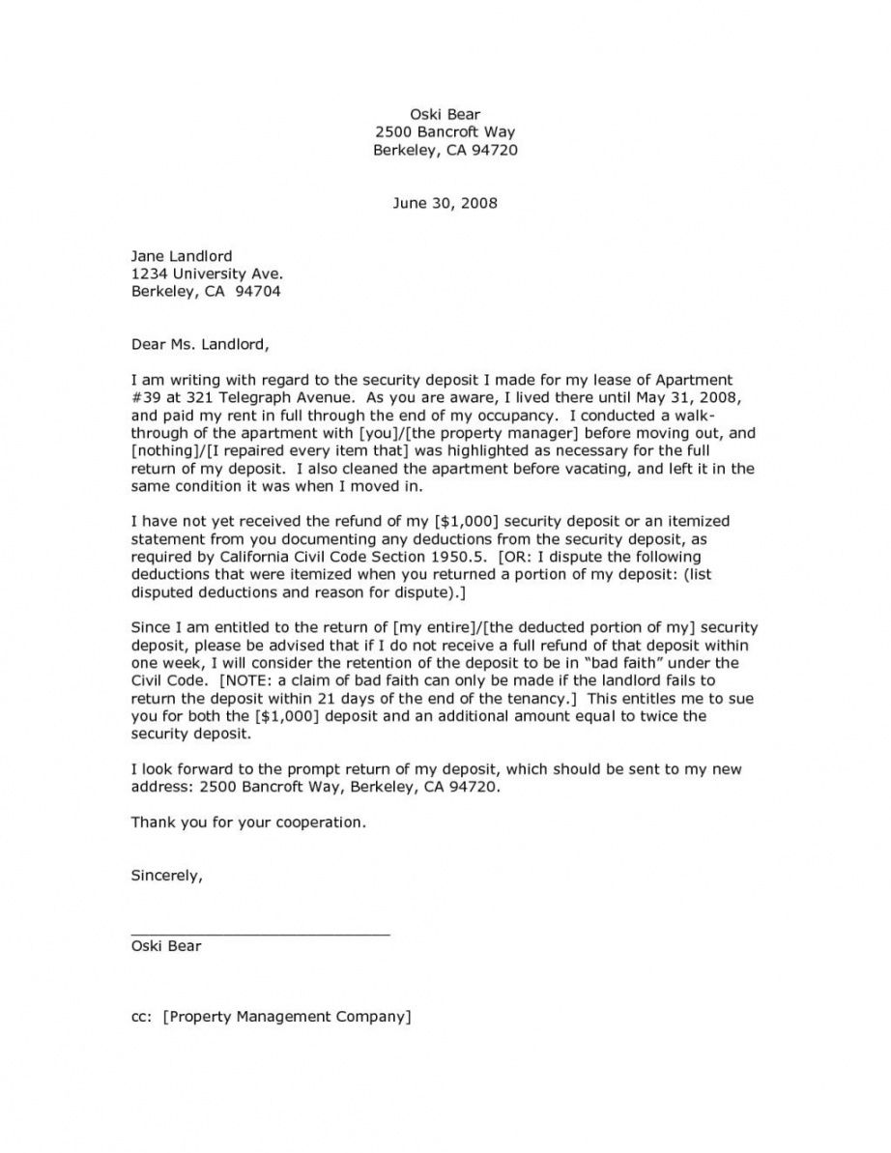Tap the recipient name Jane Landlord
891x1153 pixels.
pos(182,256)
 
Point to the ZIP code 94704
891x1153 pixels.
pos(261,291)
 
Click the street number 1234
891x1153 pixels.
pos(148,274)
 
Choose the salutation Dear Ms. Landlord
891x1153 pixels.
pos(200,343)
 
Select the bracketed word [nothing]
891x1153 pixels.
pos(160,449)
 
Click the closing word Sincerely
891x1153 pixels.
pos(166,876)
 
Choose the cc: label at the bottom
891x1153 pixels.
pos(141,1016)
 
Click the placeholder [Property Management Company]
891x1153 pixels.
pos(288,1016)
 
